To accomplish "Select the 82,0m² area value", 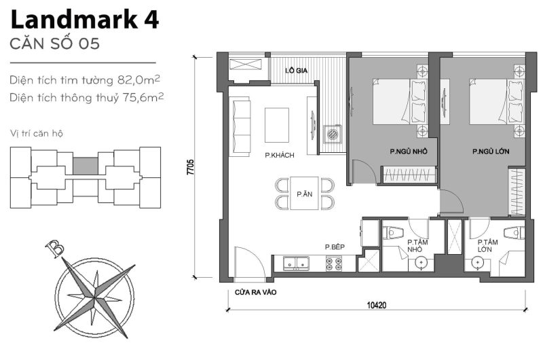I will click(138, 79).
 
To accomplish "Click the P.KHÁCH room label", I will click(279, 156).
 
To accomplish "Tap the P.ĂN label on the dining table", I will click(304, 194).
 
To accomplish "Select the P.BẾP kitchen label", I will click(335, 247).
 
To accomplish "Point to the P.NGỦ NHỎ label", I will click(408, 151).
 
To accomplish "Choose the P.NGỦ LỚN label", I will click(491, 151).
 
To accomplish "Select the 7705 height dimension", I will click(191, 167).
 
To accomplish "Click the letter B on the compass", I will click(51, 248).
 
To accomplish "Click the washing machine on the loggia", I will click(333, 134).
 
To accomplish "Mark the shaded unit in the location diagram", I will click(86, 166).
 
